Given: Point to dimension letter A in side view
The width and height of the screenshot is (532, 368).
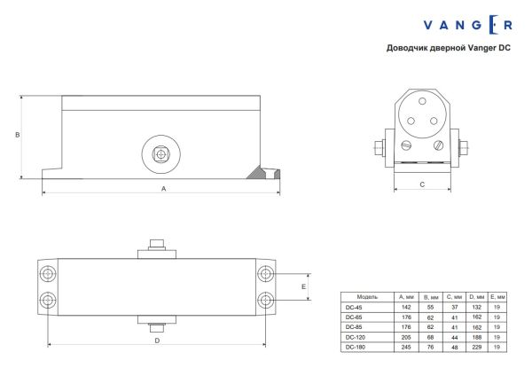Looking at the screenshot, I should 162,189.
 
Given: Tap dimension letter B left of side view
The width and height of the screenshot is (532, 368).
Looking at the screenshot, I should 17,135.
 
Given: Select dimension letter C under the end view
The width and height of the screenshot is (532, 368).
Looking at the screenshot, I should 422,184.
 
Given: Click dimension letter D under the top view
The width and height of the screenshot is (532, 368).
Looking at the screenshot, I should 157,341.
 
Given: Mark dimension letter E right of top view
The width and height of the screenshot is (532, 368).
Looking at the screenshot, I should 303,287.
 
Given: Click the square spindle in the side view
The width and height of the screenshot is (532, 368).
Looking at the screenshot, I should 160,154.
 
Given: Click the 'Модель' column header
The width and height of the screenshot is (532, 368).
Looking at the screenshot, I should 368,296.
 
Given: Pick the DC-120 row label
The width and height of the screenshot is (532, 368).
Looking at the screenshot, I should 356,338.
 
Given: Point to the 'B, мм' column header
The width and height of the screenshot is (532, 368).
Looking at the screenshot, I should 431,296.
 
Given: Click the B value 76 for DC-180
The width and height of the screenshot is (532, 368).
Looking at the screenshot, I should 431,348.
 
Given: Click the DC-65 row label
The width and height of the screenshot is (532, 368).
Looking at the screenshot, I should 354,317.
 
